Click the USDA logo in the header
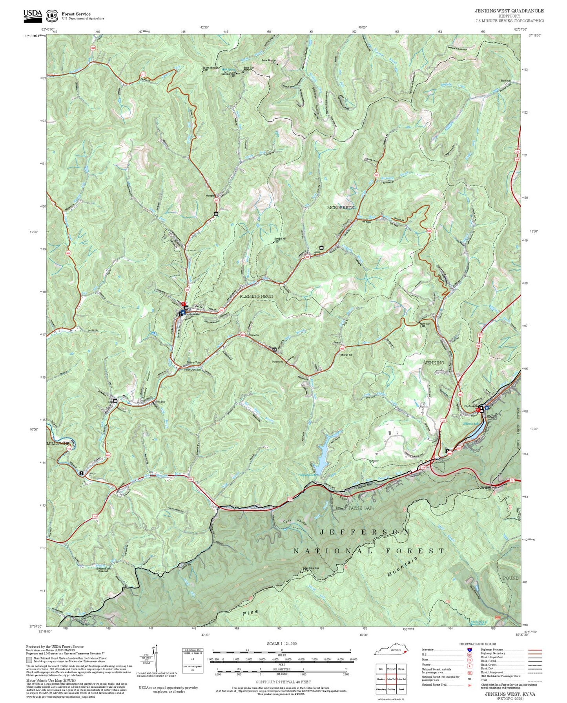pyautogui.click(x=32, y=14)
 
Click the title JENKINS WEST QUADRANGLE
pyautogui.click(x=509, y=11)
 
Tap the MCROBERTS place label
pyautogui.click(x=340, y=207)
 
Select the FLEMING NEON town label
pyautogui.click(x=256, y=296)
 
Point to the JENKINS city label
pyautogui.click(x=434, y=363)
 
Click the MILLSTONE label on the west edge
pyautogui.click(x=58, y=443)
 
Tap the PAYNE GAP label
pyautogui.click(x=360, y=508)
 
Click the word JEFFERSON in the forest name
pyautogui.click(x=365, y=532)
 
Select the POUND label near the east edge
pyautogui.click(x=510, y=578)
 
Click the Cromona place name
pyautogui.click(x=253, y=335)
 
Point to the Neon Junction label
pyautogui.click(x=192, y=370)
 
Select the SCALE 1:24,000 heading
pyautogui.click(x=281, y=644)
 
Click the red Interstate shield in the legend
pyautogui.click(x=469, y=650)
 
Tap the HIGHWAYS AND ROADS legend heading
pyautogui.click(x=477, y=644)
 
